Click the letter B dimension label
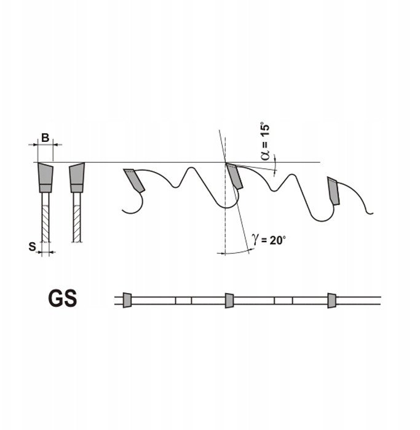44,138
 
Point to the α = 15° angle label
266,142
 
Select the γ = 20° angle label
269,241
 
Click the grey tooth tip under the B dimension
45,176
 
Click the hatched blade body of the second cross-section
76,218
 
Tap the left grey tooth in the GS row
127,300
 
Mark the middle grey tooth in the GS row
229,300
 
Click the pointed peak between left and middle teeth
189,170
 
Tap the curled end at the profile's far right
370,213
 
